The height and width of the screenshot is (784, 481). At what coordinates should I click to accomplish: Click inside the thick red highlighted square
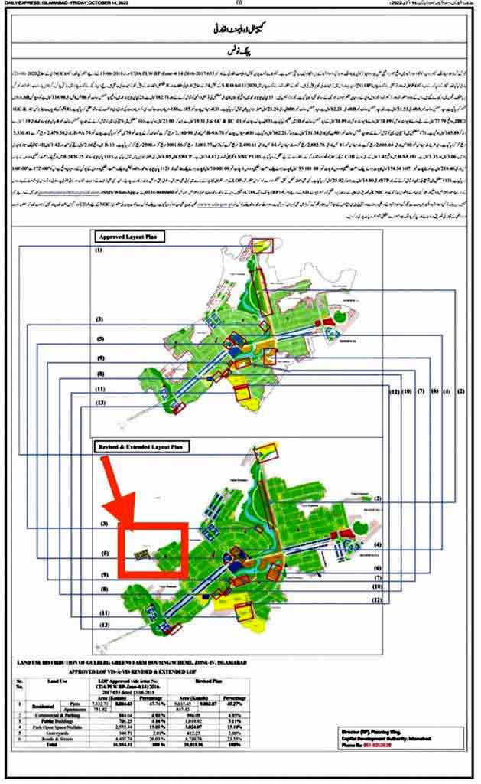(x=154, y=550)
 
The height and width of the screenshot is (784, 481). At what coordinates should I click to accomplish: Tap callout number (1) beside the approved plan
(x=99, y=250)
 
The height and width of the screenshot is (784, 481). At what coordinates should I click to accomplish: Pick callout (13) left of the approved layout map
(x=99, y=402)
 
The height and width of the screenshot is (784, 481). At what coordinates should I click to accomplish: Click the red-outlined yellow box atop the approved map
(x=264, y=245)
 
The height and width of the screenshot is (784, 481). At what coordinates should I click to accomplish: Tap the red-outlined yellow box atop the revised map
(x=267, y=451)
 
